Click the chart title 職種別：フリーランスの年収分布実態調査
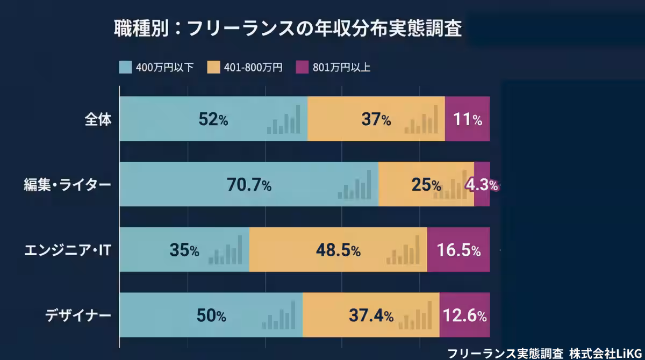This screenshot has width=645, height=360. [288, 28]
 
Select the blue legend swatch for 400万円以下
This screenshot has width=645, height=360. [125, 67]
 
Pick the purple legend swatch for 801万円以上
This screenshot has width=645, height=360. [302, 67]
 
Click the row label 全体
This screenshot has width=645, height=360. [98, 119]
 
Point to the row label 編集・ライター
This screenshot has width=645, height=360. [67, 185]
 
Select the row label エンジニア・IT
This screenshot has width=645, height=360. [67, 250]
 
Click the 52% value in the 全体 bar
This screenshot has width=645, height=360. [213, 120]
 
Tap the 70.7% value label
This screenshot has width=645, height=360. [249, 185]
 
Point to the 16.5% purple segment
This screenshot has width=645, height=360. [458, 250]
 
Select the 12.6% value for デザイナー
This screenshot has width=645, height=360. [465, 316]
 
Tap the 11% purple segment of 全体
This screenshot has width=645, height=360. [467, 120]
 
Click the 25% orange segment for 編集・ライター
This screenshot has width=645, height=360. [426, 185]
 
